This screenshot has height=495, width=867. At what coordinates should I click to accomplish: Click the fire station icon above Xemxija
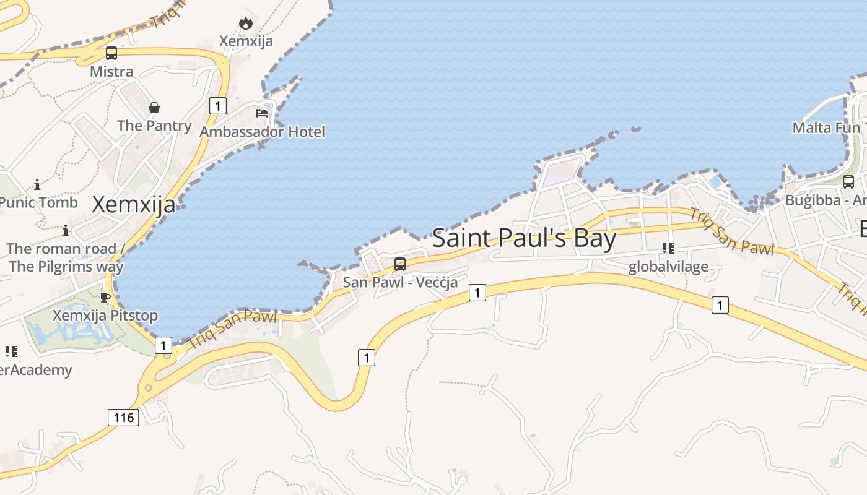(246, 24)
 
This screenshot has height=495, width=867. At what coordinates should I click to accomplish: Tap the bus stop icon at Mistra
(111, 53)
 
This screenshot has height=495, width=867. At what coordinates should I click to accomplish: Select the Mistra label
(111, 72)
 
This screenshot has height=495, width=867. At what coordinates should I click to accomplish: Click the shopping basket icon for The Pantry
(154, 108)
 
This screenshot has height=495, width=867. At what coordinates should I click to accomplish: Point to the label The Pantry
(154, 126)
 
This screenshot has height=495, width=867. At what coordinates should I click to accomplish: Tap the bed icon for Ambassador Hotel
(262, 113)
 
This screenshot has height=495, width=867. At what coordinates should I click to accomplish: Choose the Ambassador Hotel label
(262, 132)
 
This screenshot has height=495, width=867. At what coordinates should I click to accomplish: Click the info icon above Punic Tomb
(38, 184)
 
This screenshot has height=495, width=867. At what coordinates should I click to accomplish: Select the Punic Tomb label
(38, 202)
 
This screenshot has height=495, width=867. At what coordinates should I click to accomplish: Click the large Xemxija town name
(134, 204)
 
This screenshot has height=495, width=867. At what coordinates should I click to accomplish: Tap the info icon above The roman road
(66, 231)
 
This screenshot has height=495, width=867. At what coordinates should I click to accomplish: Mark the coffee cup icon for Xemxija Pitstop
(105, 297)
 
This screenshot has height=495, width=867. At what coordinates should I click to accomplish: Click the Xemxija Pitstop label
(105, 316)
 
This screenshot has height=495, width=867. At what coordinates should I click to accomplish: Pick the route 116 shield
(123, 418)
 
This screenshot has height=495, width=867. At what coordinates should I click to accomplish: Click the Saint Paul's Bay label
(524, 239)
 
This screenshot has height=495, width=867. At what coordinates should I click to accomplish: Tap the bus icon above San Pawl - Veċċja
(400, 264)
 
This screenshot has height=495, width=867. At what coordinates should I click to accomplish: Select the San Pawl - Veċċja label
(400, 282)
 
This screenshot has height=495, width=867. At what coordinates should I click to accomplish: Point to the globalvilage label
(668, 267)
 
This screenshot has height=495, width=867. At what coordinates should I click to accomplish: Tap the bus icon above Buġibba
(848, 182)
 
